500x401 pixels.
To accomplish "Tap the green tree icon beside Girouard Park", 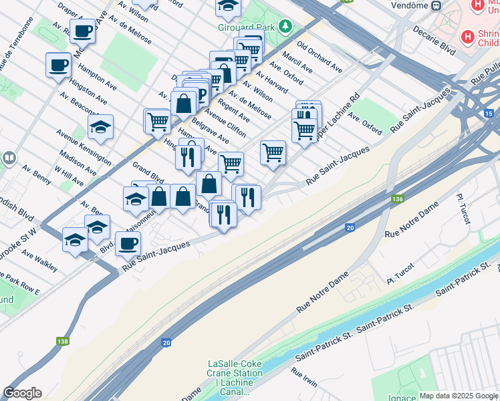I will coord(286,26).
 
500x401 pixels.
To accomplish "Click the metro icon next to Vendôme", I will coord(436,6).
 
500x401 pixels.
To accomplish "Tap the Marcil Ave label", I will coord(297,62).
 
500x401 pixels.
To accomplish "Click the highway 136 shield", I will coord(397,199).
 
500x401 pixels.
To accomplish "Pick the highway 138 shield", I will coord(63,342).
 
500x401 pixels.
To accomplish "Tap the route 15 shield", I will coord(490,114).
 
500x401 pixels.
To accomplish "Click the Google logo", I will coord(22,393).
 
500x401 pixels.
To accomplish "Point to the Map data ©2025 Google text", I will coord(459,396).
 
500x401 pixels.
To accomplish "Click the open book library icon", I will coord(9,158).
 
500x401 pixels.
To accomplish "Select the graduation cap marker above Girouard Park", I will coord(228,6).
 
